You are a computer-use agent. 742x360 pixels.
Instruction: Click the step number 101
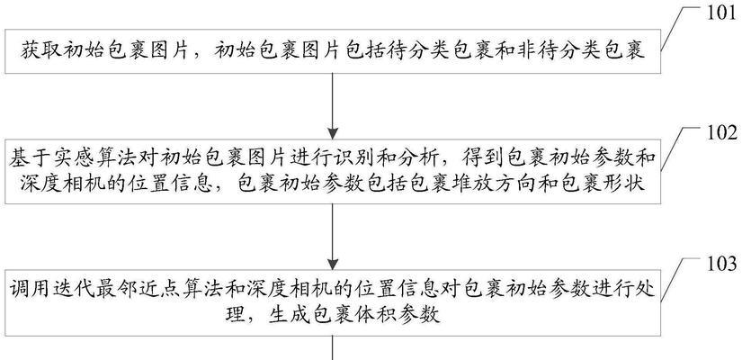pos(721,13)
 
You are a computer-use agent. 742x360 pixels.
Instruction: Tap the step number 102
pos(721,133)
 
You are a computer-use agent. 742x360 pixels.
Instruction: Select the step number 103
pos(721,264)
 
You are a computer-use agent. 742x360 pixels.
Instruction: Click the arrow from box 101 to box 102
pos(333,106)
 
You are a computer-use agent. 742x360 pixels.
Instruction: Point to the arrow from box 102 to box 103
pos(333,238)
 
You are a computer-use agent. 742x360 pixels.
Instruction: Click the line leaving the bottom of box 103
pos(333,347)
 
